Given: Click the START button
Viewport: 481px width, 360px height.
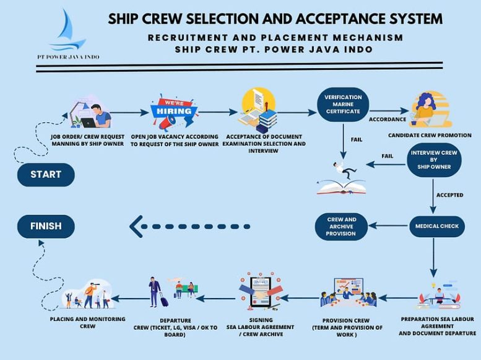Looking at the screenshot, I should [46, 174].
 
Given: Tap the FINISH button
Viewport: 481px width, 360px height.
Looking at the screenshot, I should [46, 226].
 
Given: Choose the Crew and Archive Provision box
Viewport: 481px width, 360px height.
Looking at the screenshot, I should [342, 227].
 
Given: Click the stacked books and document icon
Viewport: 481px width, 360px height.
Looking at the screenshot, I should [259, 108].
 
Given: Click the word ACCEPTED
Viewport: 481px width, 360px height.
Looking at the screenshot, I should [450, 195].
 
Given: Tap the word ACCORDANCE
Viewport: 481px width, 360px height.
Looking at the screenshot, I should [388, 119].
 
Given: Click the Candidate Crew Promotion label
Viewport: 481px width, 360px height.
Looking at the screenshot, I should [430, 135].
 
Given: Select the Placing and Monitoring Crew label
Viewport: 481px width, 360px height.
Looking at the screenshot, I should [87, 322].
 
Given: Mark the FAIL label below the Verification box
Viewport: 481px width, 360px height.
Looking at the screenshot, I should [357, 140].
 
